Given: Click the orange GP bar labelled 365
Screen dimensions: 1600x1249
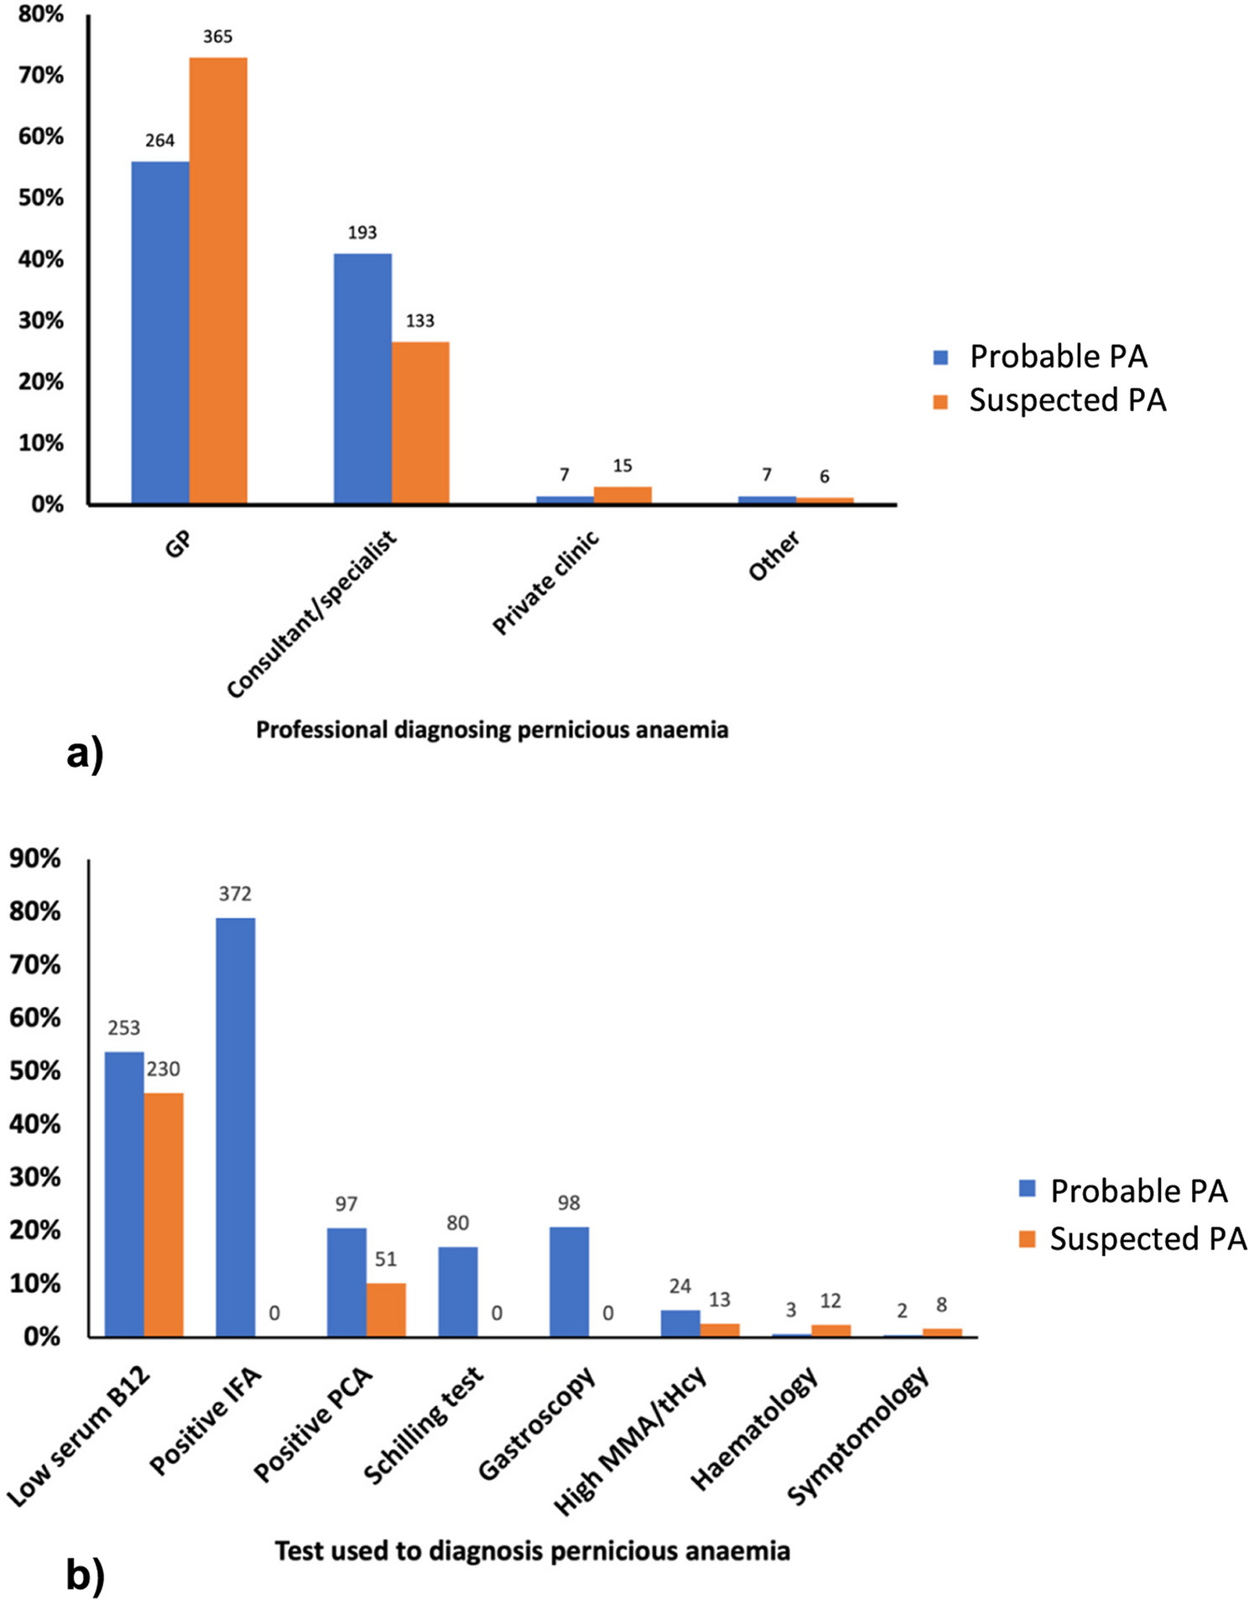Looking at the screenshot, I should point(218,280).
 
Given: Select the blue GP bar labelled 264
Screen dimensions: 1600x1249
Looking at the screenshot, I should point(160,332).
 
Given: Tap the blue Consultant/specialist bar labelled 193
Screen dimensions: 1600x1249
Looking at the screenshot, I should point(362,378).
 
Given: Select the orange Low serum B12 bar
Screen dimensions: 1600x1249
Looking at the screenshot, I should point(164,1213).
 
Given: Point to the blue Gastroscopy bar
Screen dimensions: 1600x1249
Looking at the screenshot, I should point(569,1281).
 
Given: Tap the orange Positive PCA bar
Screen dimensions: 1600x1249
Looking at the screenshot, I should point(386,1309).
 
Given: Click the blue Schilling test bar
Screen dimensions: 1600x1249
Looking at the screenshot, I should point(458,1290).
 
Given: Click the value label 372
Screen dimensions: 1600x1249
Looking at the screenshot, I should point(235,894).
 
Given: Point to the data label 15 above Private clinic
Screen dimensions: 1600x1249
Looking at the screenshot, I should point(622,466).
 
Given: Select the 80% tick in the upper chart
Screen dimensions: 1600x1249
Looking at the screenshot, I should point(40,14).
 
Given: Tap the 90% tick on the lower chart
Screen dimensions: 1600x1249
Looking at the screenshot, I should point(34,858).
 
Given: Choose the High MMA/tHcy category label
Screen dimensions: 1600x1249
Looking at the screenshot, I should point(631,1440).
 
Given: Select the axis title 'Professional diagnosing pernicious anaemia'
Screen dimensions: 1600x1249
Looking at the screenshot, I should point(492,730).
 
